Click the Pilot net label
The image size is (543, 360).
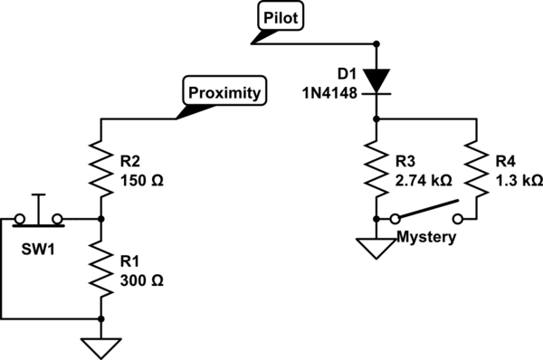(281, 16)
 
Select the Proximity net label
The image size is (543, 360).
(224, 90)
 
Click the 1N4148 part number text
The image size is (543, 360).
(329, 93)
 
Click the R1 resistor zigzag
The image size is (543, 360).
(100, 269)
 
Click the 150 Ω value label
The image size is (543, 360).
(142, 180)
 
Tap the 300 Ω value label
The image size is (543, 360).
(142, 280)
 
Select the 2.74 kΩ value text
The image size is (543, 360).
(424, 180)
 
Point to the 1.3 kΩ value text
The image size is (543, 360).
(519, 180)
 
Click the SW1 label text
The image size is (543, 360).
(38, 250)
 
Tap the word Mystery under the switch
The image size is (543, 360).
(426, 238)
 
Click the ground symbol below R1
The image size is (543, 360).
(101, 348)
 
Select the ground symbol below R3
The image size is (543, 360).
(376, 249)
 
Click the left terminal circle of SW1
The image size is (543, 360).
(20, 219)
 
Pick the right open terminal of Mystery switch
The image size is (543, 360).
(458, 219)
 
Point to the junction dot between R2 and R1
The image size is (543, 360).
(100, 219)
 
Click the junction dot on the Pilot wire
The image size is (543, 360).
(376, 44)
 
